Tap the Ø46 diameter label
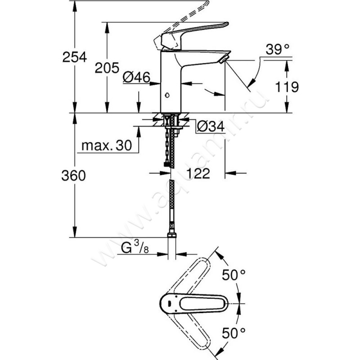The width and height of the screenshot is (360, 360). pyautogui.click(x=136, y=77)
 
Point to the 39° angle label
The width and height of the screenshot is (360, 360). pyautogui.click(x=276, y=50)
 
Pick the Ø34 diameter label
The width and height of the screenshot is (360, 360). pyautogui.click(x=211, y=127)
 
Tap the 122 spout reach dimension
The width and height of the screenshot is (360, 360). pyautogui.click(x=198, y=174)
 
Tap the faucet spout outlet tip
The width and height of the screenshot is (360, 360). pyautogui.click(x=224, y=58)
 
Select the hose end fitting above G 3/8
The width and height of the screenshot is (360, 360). pyautogui.click(x=171, y=235)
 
